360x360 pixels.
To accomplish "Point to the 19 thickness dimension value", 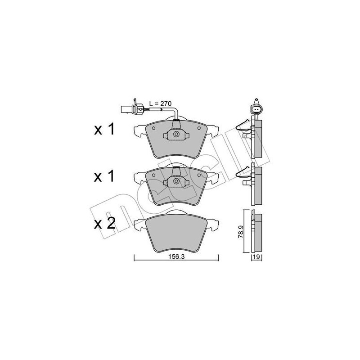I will click(256, 257).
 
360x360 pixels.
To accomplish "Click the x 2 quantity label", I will click(105, 224).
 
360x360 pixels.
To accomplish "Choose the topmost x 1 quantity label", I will click(105, 130).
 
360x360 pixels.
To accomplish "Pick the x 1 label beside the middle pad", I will click(105, 176).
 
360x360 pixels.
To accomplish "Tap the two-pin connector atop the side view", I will click(256, 108).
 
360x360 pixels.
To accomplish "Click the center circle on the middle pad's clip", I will click(176, 182).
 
